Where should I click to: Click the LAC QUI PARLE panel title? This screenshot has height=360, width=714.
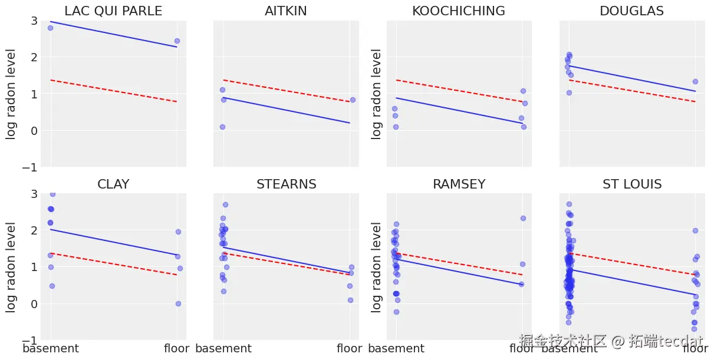pyautogui.click(x=113, y=11)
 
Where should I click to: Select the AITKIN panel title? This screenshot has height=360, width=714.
pyautogui.click(x=286, y=11)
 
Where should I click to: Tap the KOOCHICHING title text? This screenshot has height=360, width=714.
pyautogui.click(x=459, y=11)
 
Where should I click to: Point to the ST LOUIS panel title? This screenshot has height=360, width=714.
pyautogui.click(x=632, y=184)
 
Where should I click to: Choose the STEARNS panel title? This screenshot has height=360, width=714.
pyautogui.click(x=286, y=184)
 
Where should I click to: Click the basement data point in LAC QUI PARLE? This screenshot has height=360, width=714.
pyautogui.click(x=50, y=28)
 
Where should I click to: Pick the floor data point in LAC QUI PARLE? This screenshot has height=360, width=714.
pyautogui.click(x=177, y=41)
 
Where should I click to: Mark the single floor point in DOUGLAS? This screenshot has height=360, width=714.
pyautogui.click(x=695, y=82)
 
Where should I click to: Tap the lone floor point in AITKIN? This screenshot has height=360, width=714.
pyautogui.click(x=353, y=100)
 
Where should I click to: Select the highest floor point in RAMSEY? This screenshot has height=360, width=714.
pyautogui.click(x=522, y=218)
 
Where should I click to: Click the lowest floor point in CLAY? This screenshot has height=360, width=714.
pyautogui.click(x=178, y=303)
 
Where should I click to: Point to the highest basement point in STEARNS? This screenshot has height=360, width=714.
pyautogui.click(x=225, y=204)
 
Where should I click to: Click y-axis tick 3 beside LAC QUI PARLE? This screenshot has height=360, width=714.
pyautogui.click(x=34, y=21)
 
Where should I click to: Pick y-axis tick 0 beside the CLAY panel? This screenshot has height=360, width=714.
pyautogui.click(x=34, y=304)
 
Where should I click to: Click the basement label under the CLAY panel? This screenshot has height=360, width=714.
pyautogui.click(x=51, y=349)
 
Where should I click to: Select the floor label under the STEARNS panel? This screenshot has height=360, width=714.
pyautogui.click(x=349, y=349)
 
